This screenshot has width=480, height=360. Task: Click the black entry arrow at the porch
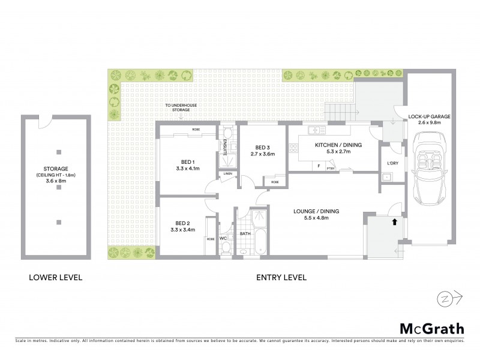pyautogui.click(x=394, y=221)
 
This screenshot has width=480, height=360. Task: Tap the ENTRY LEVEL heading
pyautogui.click(x=281, y=278)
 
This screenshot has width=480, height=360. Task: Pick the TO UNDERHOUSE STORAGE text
pyautogui.click(x=182, y=108)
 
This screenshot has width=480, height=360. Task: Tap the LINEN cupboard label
pyautogui.click(x=227, y=174)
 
